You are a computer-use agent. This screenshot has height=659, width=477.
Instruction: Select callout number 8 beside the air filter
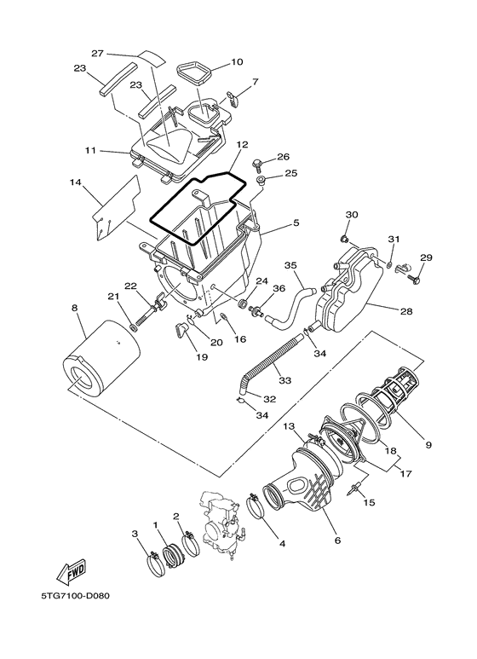[74, 308]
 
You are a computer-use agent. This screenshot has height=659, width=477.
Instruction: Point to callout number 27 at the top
[97, 53]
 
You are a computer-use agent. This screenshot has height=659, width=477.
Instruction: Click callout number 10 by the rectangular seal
[237, 62]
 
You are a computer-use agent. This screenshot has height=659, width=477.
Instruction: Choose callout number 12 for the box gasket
[242, 145]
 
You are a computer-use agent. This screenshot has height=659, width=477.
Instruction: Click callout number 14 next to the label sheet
[74, 182]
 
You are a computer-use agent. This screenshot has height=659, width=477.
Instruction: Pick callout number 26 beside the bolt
[284, 157]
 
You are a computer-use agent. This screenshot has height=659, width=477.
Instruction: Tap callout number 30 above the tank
[350, 214]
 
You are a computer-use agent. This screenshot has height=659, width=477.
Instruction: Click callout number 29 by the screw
[426, 257]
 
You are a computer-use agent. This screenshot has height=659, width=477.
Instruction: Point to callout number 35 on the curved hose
[290, 266]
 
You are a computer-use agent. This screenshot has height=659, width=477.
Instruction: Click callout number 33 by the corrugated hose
[284, 380]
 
